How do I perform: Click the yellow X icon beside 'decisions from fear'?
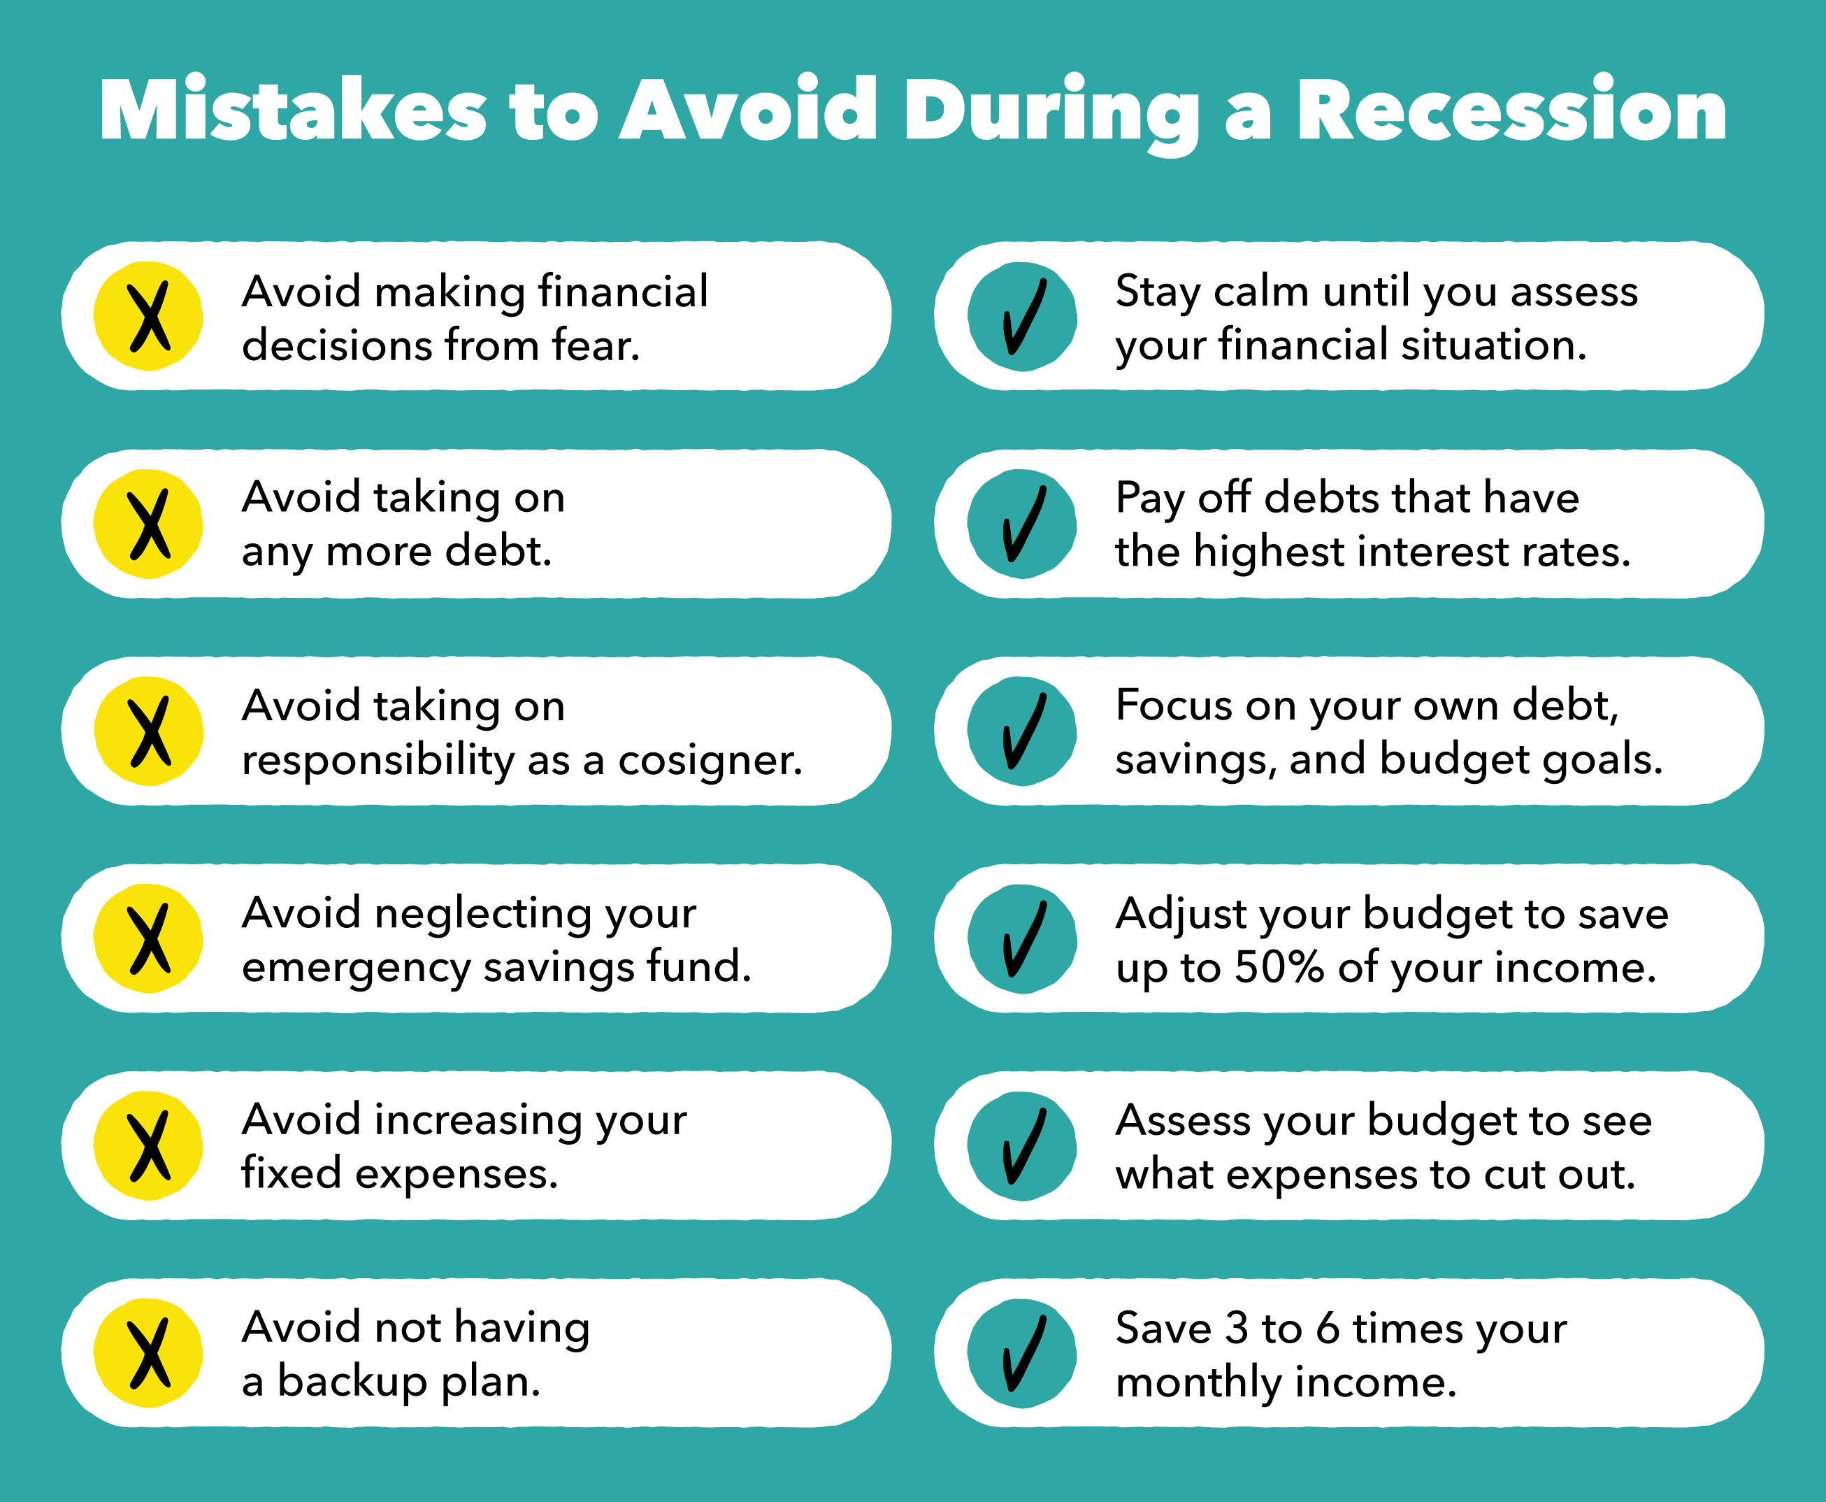click(x=149, y=317)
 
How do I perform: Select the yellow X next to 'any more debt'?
click(x=149, y=524)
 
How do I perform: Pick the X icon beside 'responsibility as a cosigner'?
click(x=149, y=732)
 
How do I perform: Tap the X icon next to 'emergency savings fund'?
click(x=149, y=938)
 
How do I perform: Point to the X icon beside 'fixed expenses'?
click(x=149, y=1146)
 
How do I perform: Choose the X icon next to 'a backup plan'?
click(x=149, y=1354)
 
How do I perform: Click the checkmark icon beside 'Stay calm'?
click(x=1023, y=317)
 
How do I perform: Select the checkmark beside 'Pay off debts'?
click(x=1023, y=524)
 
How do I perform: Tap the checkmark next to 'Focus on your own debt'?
click(x=1023, y=732)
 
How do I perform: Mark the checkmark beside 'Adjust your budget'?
click(x=1023, y=938)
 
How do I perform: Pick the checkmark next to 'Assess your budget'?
click(x=1023, y=1146)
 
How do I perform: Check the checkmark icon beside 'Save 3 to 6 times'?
click(x=1023, y=1354)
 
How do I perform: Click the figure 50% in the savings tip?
click(x=1279, y=967)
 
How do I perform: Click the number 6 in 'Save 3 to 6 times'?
click(x=1328, y=1328)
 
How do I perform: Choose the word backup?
click(x=352, y=1382)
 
